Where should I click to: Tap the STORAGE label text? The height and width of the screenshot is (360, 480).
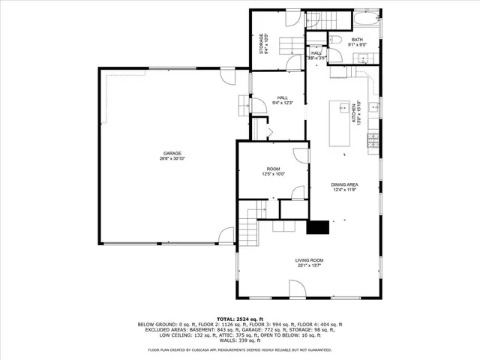262,43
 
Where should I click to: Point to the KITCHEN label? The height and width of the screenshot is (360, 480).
359,112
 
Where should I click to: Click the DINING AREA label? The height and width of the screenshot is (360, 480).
345,187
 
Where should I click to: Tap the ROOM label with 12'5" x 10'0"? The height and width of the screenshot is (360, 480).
273,171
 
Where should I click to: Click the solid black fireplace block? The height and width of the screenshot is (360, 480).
319,227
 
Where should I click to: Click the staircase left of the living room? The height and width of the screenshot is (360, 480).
248,224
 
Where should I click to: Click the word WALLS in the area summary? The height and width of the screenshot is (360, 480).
225,340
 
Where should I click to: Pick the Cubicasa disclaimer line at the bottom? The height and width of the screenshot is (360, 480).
239,349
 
